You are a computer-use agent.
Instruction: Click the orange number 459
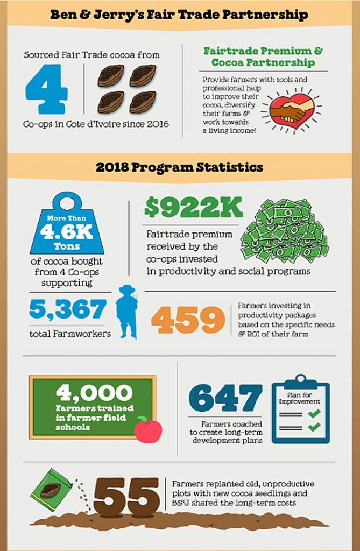(188, 320)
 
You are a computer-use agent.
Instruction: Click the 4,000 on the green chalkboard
(94, 393)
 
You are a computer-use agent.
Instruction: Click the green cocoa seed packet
(51, 489)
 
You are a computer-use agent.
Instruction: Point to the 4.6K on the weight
(67, 231)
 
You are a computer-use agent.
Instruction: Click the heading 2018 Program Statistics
(180, 167)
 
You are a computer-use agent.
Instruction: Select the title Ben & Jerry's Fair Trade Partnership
(179, 15)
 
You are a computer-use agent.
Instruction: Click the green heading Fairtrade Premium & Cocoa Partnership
(263, 57)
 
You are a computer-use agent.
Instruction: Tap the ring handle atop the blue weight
(67, 203)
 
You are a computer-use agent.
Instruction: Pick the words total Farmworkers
(70, 334)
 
